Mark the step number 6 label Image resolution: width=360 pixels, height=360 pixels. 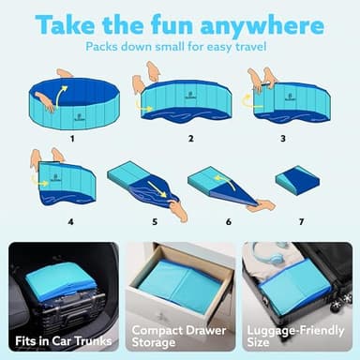click(x=228, y=222)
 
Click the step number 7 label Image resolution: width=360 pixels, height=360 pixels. click(x=302, y=222)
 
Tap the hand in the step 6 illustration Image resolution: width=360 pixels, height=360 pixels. click(x=263, y=203)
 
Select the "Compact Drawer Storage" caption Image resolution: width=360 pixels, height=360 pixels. click(x=180, y=335)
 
